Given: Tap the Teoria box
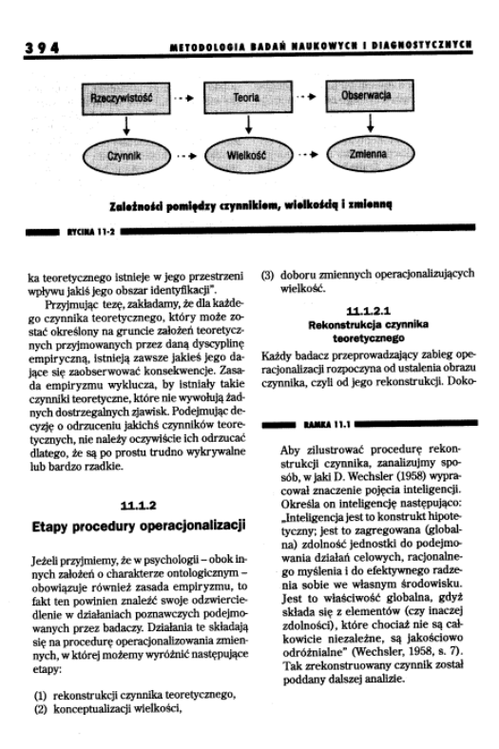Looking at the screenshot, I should coord(247,97).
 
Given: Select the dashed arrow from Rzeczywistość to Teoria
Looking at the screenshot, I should coord(186,97).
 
